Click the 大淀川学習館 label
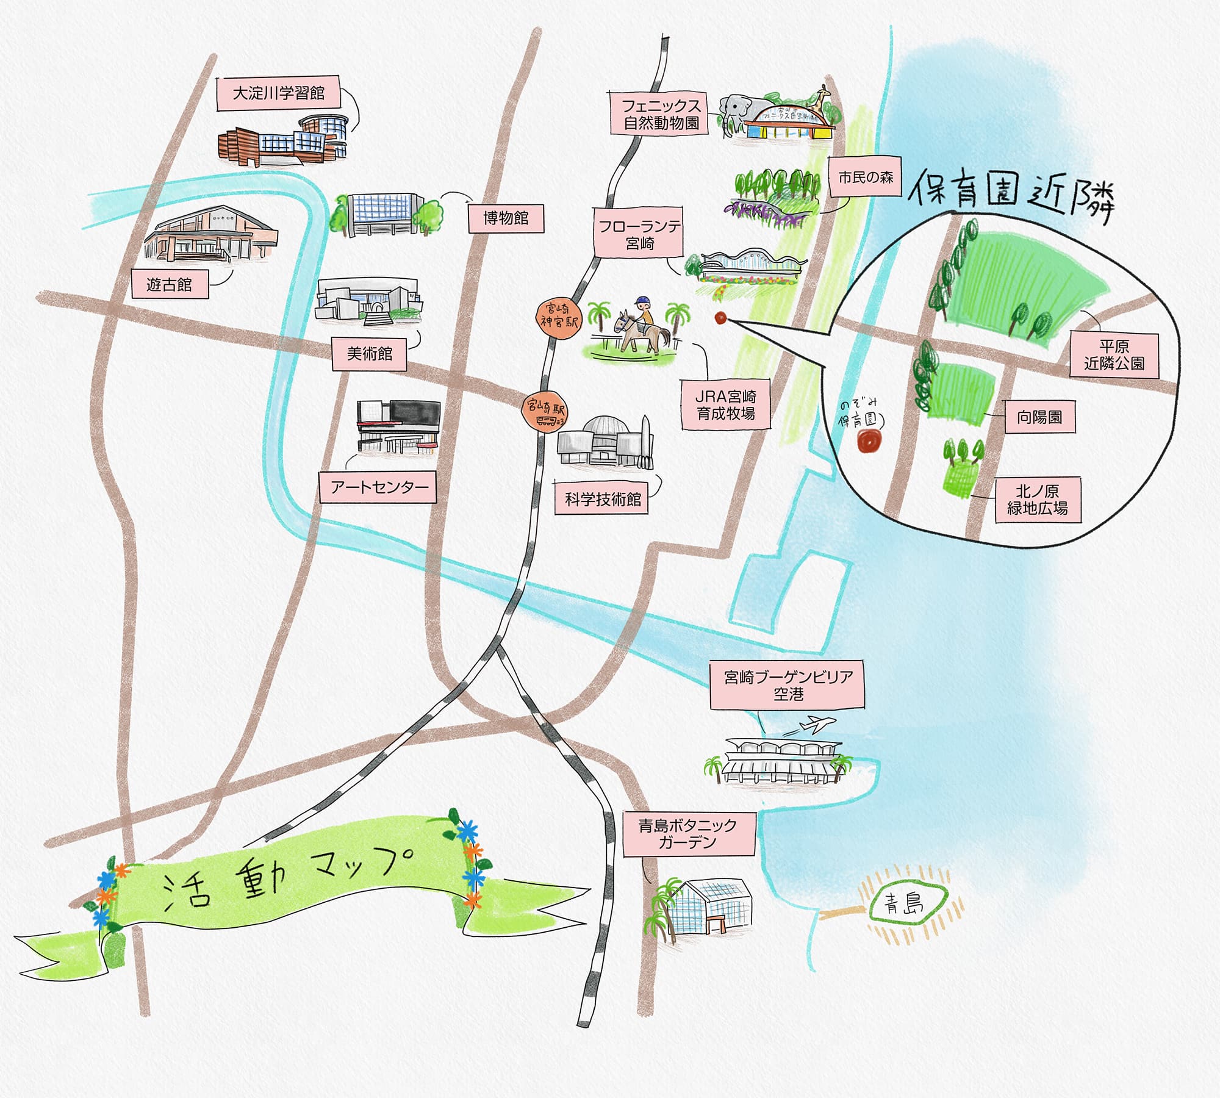[279, 94]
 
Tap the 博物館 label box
[505, 218]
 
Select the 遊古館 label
[170, 284]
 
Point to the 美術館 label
[369, 354]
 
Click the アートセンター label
[378, 487]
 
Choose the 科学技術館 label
[603, 500]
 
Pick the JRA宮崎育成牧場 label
[725, 405]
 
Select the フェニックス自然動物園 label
[661, 114]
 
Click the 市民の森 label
[865, 178]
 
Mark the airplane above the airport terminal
[811, 725]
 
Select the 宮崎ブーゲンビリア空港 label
[788, 685]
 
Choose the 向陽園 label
[1039, 417]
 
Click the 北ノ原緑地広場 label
[1037, 500]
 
